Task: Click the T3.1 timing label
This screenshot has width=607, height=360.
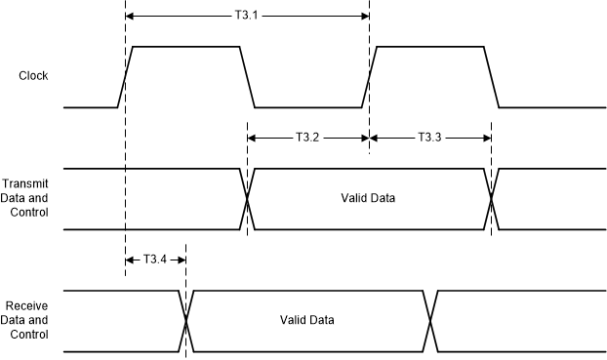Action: click(248, 17)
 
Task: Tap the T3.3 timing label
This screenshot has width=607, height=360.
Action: click(430, 138)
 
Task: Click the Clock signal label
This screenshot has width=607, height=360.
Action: click(33, 75)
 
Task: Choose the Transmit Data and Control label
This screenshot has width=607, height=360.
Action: click(26, 199)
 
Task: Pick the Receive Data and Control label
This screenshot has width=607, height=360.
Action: click(26, 320)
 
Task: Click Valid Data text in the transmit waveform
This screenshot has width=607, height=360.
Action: click(369, 199)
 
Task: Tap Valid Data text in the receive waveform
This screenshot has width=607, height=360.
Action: click(307, 320)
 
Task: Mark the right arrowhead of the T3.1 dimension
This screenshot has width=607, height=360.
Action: click(364, 17)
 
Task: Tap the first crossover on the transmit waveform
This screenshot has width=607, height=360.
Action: click(248, 199)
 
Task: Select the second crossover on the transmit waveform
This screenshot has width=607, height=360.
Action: click(492, 199)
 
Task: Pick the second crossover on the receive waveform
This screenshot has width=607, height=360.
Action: click(430, 320)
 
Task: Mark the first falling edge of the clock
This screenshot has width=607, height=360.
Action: click(248, 76)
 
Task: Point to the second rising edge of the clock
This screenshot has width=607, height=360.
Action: click(370, 76)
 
